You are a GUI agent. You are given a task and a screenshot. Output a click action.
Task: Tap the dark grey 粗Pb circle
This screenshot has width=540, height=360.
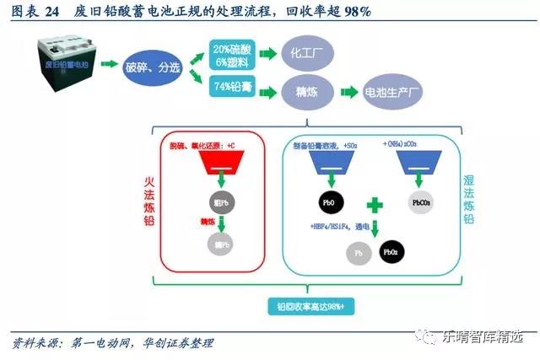220,203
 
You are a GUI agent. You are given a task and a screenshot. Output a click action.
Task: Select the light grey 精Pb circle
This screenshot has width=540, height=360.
219,244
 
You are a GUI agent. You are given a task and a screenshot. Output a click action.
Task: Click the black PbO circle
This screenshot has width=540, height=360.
326,203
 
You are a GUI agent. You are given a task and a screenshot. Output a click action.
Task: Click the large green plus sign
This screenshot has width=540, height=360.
374,205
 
